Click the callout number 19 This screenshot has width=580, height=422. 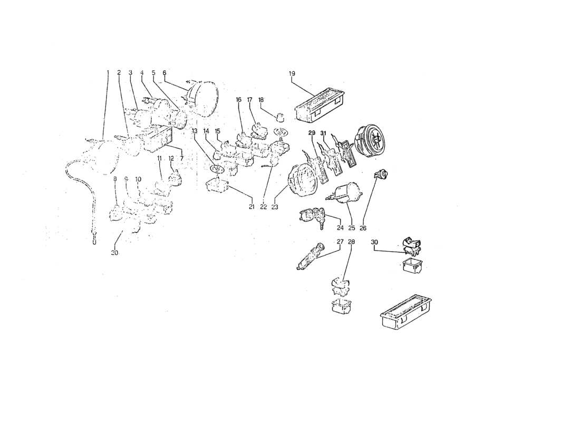point(292,73)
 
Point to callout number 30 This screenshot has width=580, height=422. point(374,242)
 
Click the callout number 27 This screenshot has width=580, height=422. point(340,242)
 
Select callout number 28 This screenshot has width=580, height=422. point(352,242)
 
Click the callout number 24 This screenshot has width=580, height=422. point(340,228)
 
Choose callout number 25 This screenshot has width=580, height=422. point(352,228)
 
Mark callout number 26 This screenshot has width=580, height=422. point(363,228)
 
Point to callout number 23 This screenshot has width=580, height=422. point(275,207)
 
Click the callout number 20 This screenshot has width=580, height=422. point(114,253)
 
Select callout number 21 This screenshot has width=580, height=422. point(252,207)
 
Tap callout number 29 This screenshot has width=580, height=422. point(312,132)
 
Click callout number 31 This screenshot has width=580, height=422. point(323,132)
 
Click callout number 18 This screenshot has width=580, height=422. point(261,100)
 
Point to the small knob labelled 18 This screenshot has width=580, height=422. point(281,116)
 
